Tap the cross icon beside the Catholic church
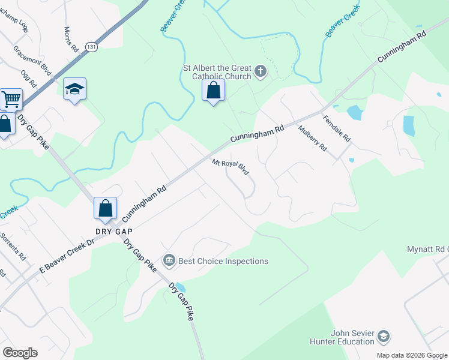click(x=260, y=72)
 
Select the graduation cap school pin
click(x=74, y=89)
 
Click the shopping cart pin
click(x=10, y=100)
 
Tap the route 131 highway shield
click(x=91, y=47)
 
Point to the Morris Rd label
click(x=71, y=40)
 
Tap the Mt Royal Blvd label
click(x=231, y=167)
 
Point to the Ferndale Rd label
click(x=336, y=128)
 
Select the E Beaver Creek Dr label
click(x=67, y=256)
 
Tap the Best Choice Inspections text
click(x=223, y=261)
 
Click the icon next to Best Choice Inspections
click(x=169, y=260)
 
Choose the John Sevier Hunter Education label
click(x=352, y=337)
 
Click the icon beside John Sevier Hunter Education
click(x=383, y=338)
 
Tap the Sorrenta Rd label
click(x=13, y=246)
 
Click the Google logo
click(x=20, y=353)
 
